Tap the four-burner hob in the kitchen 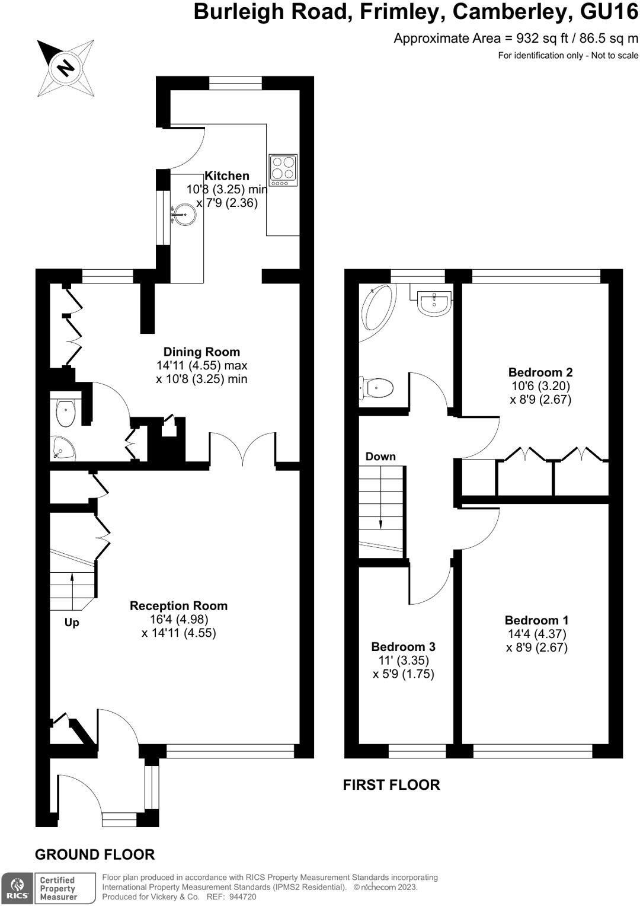click(x=283, y=170)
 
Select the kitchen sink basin click(x=184, y=213)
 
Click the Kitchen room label click(x=227, y=176)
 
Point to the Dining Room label click(x=201, y=352)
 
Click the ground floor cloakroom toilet click(x=65, y=411)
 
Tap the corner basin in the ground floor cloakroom click(x=62, y=448)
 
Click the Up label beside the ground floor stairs click(x=72, y=623)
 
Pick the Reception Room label click(x=178, y=605)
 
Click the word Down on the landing click(x=380, y=456)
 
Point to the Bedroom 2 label click(x=540, y=372)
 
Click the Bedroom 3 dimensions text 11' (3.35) click(x=404, y=660)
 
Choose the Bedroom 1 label click(x=536, y=620)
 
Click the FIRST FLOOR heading click(x=391, y=784)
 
